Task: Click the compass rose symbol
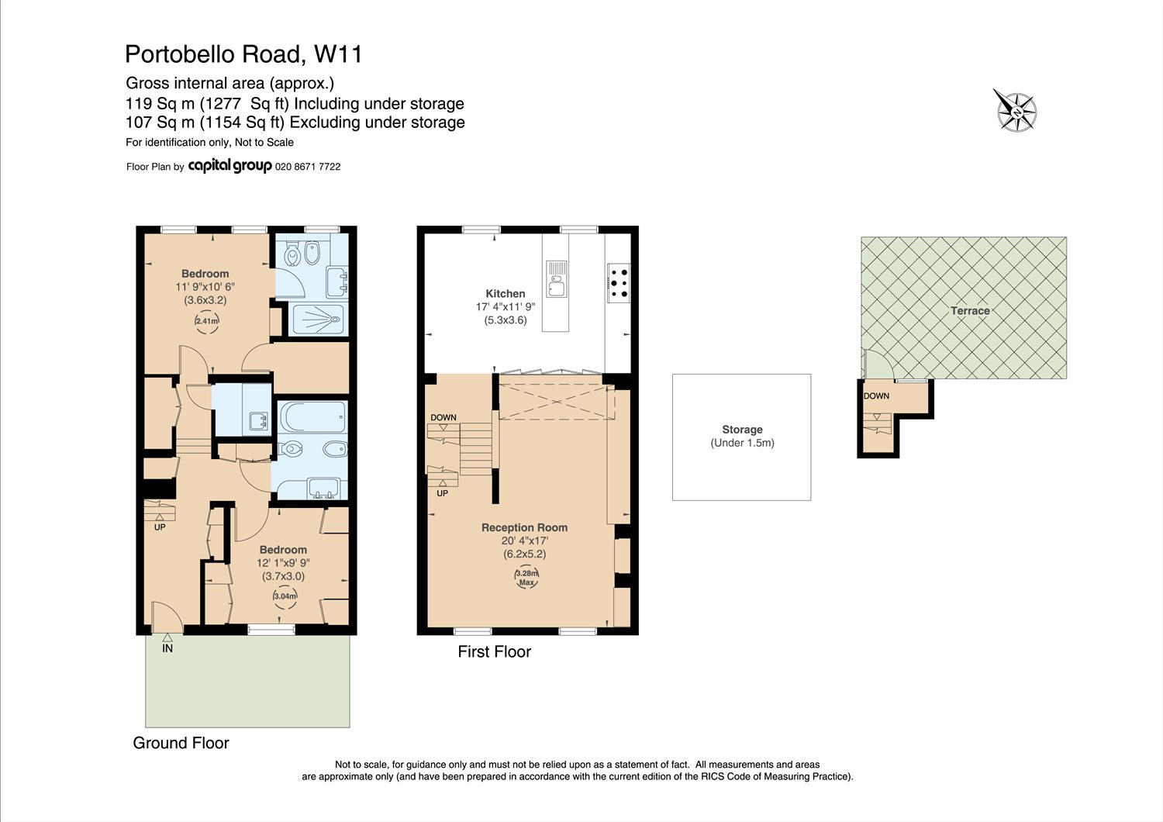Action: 1016,111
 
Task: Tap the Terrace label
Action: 970,310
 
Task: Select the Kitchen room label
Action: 506,293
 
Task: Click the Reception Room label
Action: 524,527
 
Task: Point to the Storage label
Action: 742,430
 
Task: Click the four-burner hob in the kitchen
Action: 619,283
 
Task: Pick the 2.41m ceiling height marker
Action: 207,320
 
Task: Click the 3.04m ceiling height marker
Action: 285,596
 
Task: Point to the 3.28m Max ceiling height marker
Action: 526,577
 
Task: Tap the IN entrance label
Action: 167,648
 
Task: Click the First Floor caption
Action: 495,651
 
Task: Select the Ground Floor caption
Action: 181,743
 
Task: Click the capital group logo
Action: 229,166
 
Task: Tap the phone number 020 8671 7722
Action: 308,167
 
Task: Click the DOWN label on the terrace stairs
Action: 876,395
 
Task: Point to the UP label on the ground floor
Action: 160,527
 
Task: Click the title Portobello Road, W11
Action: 243,54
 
